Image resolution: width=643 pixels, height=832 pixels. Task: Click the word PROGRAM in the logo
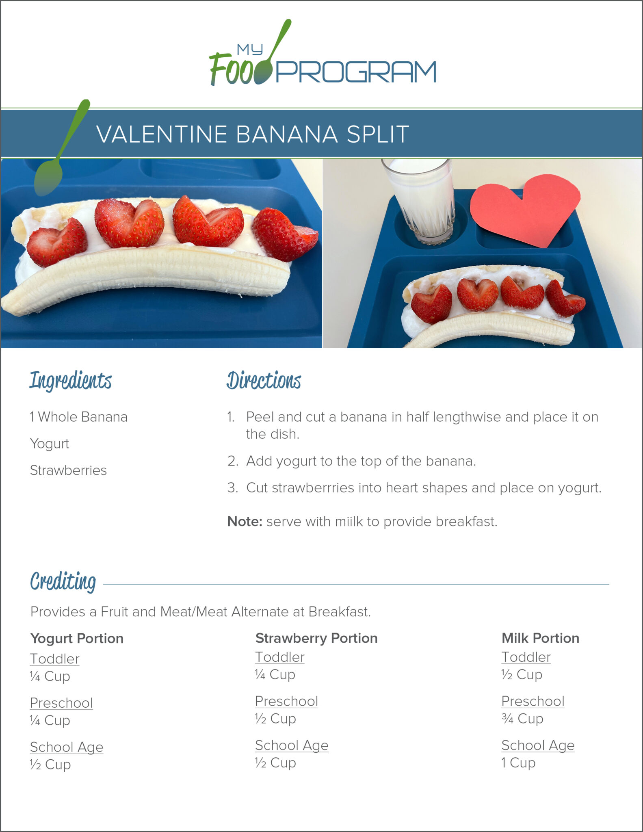tap(356, 72)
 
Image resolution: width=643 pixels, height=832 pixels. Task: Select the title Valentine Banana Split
tap(252, 134)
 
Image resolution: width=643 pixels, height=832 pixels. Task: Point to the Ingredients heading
tap(70, 381)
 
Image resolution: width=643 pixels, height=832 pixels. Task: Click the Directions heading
tap(264, 380)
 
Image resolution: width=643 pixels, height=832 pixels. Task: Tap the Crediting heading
tap(63, 582)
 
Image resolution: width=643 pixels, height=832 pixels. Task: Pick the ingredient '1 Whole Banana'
tap(79, 417)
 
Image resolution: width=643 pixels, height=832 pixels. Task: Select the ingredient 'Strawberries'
tap(68, 470)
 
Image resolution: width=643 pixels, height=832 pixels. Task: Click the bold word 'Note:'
tap(245, 521)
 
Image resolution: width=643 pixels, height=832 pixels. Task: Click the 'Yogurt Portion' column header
tap(77, 638)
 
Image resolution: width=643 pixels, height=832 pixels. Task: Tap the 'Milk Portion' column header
tap(540, 638)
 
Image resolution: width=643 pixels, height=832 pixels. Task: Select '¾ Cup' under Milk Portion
tap(522, 718)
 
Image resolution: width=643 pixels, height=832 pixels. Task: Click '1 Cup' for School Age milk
tap(518, 763)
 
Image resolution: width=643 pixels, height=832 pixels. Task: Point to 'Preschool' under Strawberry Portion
tap(286, 701)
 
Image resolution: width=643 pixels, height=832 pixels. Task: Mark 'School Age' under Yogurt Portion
tap(67, 747)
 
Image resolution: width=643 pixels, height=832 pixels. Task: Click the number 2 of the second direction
tap(232, 461)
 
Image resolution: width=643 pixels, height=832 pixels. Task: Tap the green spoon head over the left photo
tap(48, 178)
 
